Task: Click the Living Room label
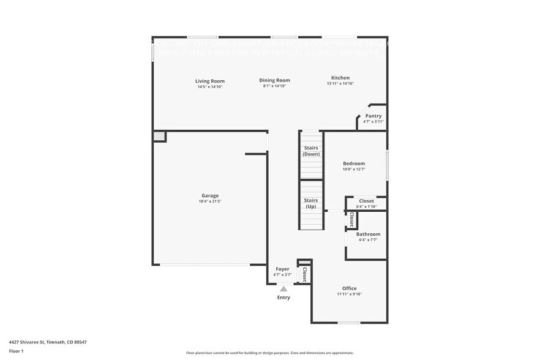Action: tap(209, 81)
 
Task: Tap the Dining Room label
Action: tap(274, 80)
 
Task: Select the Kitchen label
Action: tap(340, 78)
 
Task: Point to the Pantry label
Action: tap(373, 116)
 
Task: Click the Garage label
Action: tap(210, 196)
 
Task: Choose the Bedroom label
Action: tap(354, 163)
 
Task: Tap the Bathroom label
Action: tap(368, 234)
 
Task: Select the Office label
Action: tap(349, 288)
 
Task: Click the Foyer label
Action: tap(282, 269)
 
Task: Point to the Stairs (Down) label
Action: tap(311, 151)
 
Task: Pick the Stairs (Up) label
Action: tap(311, 203)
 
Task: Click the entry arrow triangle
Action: tap(283, 289)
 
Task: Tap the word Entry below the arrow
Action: tap(283, 298)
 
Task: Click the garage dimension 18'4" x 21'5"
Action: tap(210, 201)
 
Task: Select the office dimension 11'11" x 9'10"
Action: tap(349, 294)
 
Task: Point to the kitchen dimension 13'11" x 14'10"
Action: tap(340, 84)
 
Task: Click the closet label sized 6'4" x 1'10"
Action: tap(366, 201)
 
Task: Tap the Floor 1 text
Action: tap(16, 351)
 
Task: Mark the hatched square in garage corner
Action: tap(159, 136)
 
